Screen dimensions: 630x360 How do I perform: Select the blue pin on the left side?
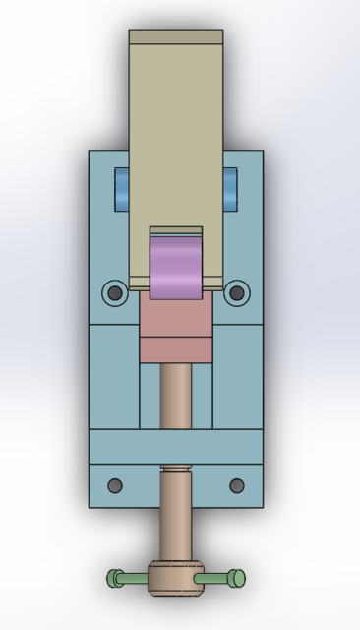coord(121,188)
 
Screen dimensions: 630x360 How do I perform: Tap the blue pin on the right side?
coord(230,188)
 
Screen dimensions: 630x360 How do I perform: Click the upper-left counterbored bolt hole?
coord(115,292)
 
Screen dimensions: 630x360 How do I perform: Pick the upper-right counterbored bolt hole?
coord(236,292)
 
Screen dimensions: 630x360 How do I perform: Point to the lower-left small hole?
coord(115,485)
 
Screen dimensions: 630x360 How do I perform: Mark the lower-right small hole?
coord(236,485)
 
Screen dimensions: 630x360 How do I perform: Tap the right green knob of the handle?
coord(237,578)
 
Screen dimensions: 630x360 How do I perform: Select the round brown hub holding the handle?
coord(176,580)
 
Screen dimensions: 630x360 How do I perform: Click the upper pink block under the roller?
coord(176,316)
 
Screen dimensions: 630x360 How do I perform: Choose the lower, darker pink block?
coord(176,349)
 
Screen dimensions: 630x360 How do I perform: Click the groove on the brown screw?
coord(176,470)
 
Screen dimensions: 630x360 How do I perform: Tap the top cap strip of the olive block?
coord(176,37)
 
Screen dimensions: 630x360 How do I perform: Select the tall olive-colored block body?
coord(176,138)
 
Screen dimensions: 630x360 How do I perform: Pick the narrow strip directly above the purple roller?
coord(176,231)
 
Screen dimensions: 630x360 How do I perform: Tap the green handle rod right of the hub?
coord(215,579)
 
